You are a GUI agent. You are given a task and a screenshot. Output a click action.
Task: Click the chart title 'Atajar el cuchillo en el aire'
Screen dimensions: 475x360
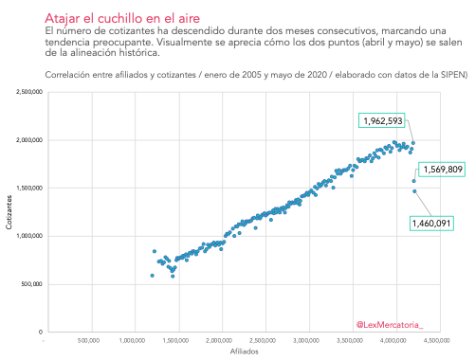[122, 18]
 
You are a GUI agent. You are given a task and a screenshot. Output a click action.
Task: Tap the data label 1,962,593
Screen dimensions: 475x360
[382, 120]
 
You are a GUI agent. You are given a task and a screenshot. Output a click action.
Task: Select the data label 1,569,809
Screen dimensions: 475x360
[442, 170]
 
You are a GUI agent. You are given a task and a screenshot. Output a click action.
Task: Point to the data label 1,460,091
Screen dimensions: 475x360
[431, 224]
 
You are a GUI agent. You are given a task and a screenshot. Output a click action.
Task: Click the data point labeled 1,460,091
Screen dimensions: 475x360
[414, 191]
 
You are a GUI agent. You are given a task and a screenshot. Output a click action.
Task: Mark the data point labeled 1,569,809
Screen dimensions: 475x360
[414, 181]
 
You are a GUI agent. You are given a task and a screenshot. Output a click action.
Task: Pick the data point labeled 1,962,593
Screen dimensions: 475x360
[413, 143]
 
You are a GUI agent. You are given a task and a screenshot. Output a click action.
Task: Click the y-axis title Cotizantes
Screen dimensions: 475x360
[9, 212]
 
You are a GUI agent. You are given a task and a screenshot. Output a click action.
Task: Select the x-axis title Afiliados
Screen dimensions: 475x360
[244, 351]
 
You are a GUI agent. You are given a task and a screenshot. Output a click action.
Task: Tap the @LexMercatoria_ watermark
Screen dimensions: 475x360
[390, 325]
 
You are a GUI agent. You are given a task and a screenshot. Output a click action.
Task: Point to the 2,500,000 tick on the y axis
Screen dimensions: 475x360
[29, 92]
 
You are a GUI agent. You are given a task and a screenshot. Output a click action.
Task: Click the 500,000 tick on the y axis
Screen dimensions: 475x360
[31, 284]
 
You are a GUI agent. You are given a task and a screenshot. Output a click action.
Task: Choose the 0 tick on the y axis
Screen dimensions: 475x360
[41, 332]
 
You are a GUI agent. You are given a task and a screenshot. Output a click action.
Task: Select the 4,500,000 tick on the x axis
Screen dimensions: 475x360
[437, 340]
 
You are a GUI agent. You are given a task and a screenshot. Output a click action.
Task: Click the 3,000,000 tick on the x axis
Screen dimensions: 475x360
[306, 340]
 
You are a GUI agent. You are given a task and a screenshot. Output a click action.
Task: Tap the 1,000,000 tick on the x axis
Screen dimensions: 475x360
[132, 340]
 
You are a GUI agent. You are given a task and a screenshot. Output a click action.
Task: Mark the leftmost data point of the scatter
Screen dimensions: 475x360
[153, 276]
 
